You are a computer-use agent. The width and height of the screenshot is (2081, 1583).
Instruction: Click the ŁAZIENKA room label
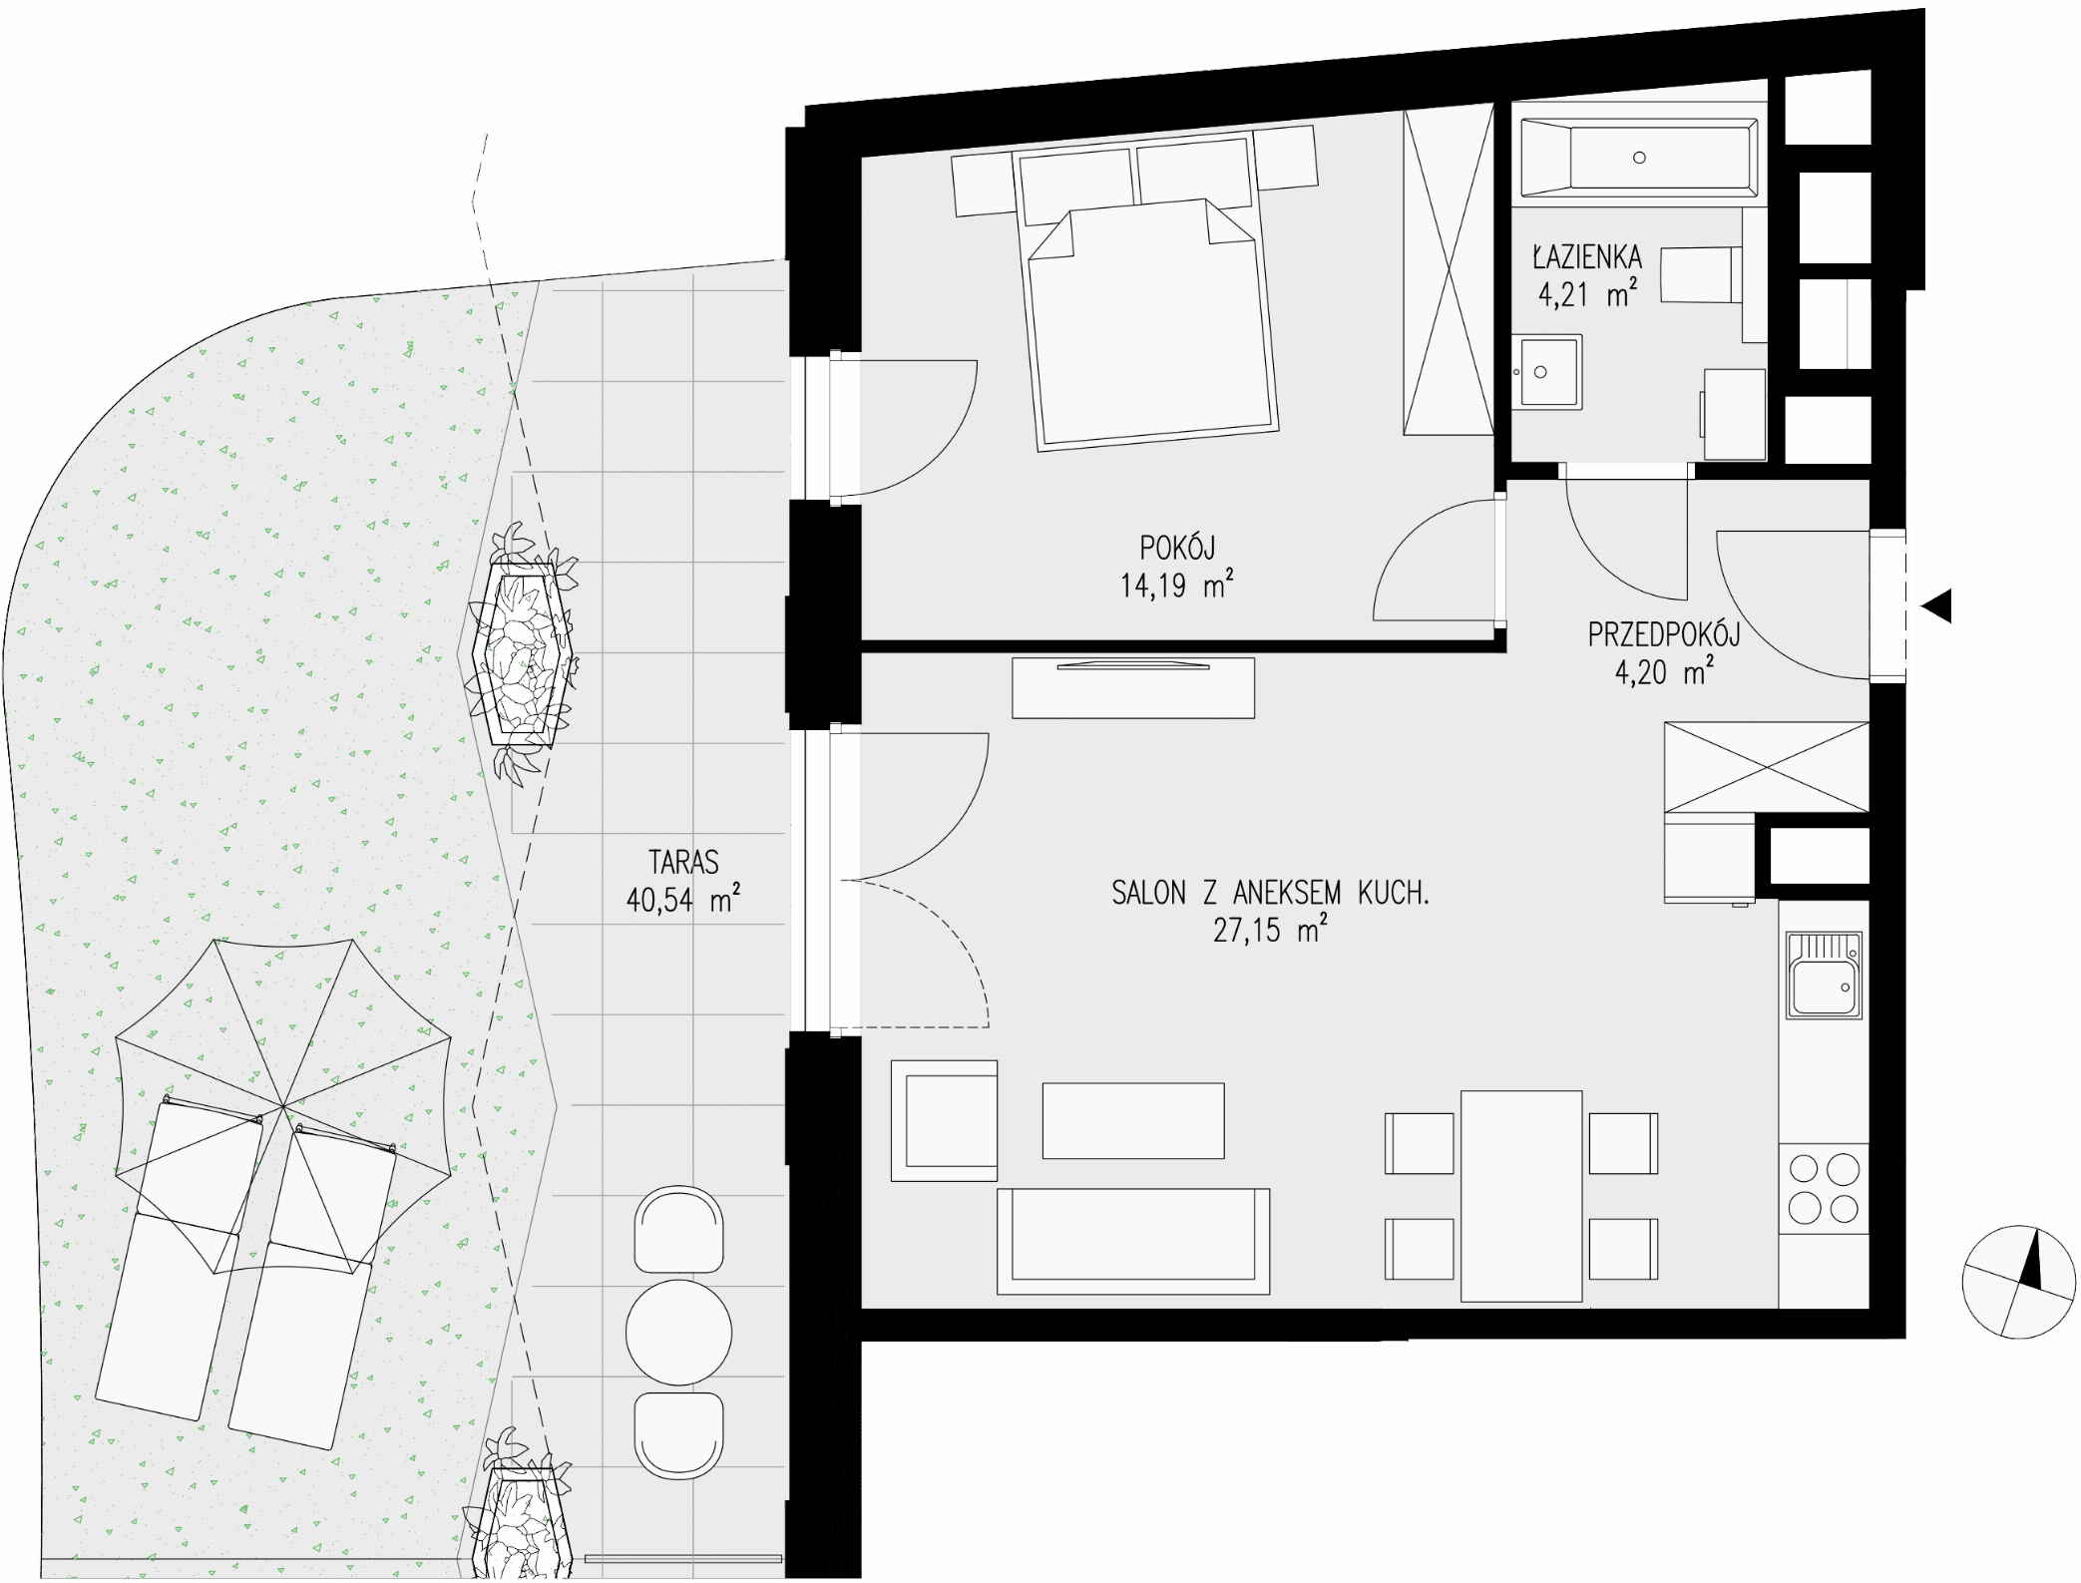[1586, 256]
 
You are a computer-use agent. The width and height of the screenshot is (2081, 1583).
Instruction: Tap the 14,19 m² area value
[1176, 585]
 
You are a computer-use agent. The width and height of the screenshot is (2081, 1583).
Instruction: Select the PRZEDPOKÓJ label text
[1663, 634]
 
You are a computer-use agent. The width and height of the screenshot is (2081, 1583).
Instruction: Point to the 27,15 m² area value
[1270, 930]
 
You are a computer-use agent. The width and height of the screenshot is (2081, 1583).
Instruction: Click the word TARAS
[683, 862]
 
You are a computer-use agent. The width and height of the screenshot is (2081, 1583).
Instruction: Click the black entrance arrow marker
[1936, 605]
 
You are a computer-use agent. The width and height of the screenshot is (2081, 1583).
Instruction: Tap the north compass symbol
[2017, 1282]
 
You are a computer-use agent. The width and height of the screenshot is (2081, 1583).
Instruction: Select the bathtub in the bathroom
[1639, 158]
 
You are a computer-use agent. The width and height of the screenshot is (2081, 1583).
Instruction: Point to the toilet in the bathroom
[1702, 275]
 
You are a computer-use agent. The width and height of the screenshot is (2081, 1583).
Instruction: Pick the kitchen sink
[1824, 975]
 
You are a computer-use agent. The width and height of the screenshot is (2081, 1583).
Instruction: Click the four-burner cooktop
[1824, 1188]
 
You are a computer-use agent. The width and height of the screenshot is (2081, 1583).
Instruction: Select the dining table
[1521, 1196]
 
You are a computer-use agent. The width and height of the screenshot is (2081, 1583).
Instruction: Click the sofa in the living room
[1133, 1241]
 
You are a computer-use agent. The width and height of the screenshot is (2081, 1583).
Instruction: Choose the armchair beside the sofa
[944, 1120]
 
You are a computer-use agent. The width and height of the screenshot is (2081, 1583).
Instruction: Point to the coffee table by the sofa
[1133, 1120]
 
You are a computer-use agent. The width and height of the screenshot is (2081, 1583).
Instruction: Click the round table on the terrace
[678, 1331]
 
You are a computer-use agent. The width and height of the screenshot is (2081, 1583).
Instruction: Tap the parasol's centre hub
[283, 1105]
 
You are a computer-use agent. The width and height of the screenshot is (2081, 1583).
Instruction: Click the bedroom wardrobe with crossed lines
[1449, 270]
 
